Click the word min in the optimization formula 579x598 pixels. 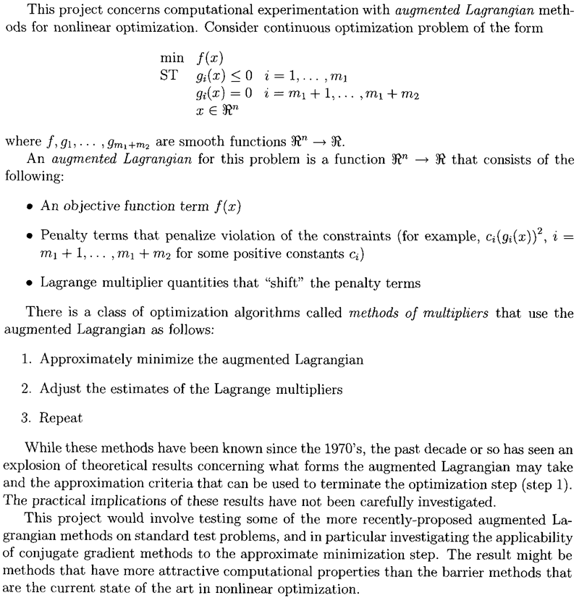tap(172, 57)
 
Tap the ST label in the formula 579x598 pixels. tap(169, 75)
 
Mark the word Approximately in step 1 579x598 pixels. tap(81, 359)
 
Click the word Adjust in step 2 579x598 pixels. tap(57, 389)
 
